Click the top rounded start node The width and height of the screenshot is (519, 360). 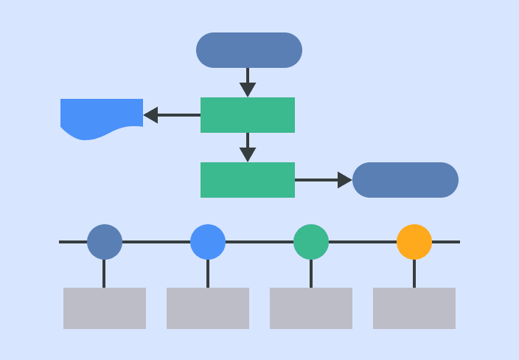(x=249, y=50)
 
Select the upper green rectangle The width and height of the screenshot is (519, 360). (x=248, y=115)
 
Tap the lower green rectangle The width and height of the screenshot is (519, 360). (x=248, y=180)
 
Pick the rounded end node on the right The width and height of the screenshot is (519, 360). (x=405, y=180)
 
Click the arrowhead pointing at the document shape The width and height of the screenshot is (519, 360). (x=151, y=115)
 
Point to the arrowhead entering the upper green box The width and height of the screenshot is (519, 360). (x=248, y=90)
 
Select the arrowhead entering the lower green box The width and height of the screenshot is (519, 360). (x=248, y=155)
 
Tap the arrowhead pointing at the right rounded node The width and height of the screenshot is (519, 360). (x=344, y=180)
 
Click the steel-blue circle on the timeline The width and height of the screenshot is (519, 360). (x=105, y=242)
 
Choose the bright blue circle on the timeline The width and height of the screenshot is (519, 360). (x=208, y=242)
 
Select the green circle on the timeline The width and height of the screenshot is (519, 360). (x=311, y=242)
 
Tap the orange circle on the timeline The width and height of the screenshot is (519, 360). (x=414, y=242)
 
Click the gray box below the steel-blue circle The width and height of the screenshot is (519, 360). (x=105, y=308)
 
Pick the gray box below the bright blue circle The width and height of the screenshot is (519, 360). (x=208, y=308)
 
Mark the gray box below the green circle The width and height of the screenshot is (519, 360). (x=311, y=308)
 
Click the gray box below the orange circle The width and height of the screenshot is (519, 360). (x=414, y=308)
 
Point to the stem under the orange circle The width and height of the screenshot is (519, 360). (x=414, y=274)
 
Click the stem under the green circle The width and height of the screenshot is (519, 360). (x=311, y=274)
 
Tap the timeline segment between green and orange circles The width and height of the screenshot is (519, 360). (x=363, y=242)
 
